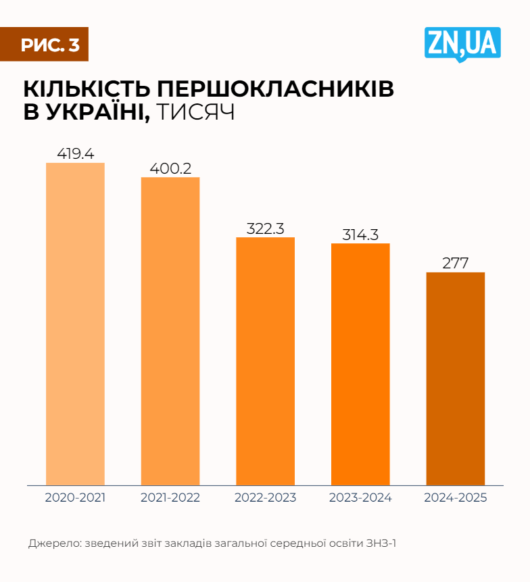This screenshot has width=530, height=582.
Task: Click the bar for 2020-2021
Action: tap(75, 324)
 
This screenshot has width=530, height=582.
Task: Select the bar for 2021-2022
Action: tap(170, 331)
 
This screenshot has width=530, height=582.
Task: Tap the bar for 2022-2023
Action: tap(265, 361)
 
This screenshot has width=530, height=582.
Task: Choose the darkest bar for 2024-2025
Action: tap(456, 379)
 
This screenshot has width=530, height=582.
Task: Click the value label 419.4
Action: tap(75, 153)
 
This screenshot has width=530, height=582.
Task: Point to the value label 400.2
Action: tap(170, 168)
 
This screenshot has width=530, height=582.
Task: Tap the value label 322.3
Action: tap(265, 228)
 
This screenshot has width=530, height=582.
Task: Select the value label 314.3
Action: tap(360, 234)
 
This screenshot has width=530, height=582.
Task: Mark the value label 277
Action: tap(456, 263)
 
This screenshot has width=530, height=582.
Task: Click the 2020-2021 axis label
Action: tap(75, 498)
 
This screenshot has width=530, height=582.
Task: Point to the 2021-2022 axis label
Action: tap(170, 498)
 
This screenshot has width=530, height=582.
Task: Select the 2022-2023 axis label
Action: tap(265, 498)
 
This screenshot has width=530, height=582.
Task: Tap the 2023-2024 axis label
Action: tap(360, 498)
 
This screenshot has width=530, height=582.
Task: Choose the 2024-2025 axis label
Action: tap(456, 498)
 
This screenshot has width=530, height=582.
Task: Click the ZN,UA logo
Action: tap(462, 43)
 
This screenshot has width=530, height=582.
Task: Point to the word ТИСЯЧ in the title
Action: tap(195, 112)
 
